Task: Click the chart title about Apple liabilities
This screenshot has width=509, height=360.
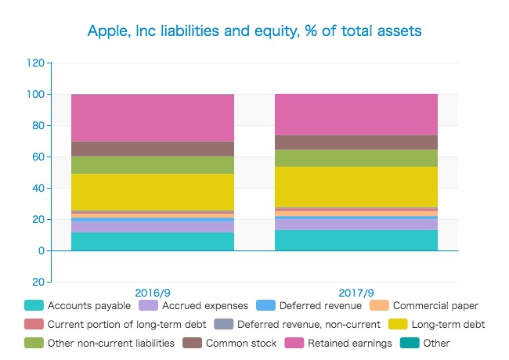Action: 254,31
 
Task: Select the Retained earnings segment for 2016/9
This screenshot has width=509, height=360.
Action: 153,117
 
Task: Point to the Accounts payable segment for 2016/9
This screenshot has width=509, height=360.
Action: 153,241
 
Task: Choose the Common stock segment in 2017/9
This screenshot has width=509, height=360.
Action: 356,142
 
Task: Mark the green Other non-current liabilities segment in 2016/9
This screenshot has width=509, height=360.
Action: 153,164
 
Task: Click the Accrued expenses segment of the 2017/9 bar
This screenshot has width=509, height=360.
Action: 356,224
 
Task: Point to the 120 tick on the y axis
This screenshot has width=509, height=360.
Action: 36,63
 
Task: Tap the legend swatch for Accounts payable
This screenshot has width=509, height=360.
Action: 33,305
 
